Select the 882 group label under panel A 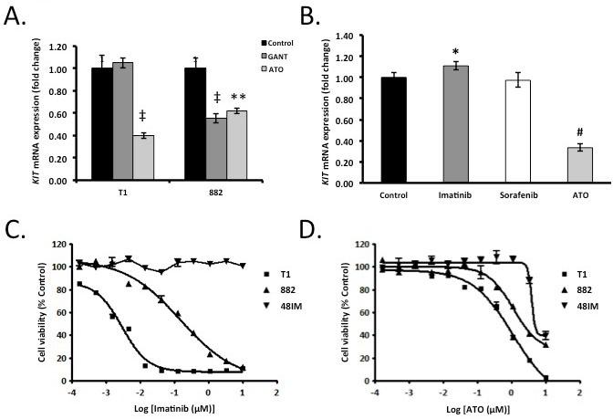click(216, 195)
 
